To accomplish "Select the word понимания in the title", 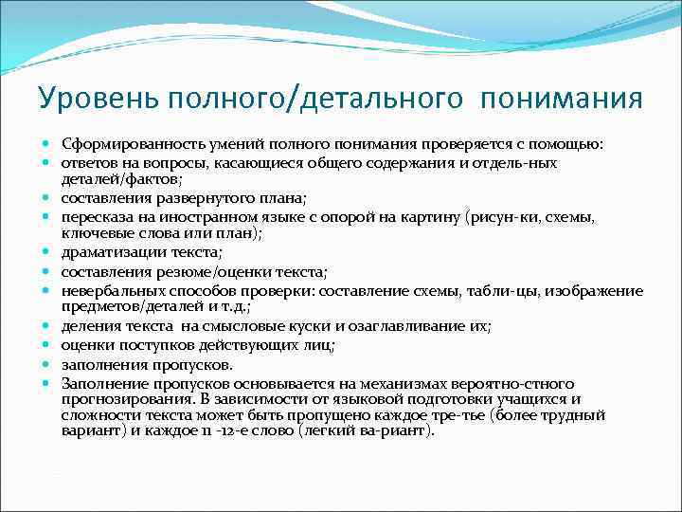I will (561, 98).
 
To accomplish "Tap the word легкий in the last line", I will (328, 430).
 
